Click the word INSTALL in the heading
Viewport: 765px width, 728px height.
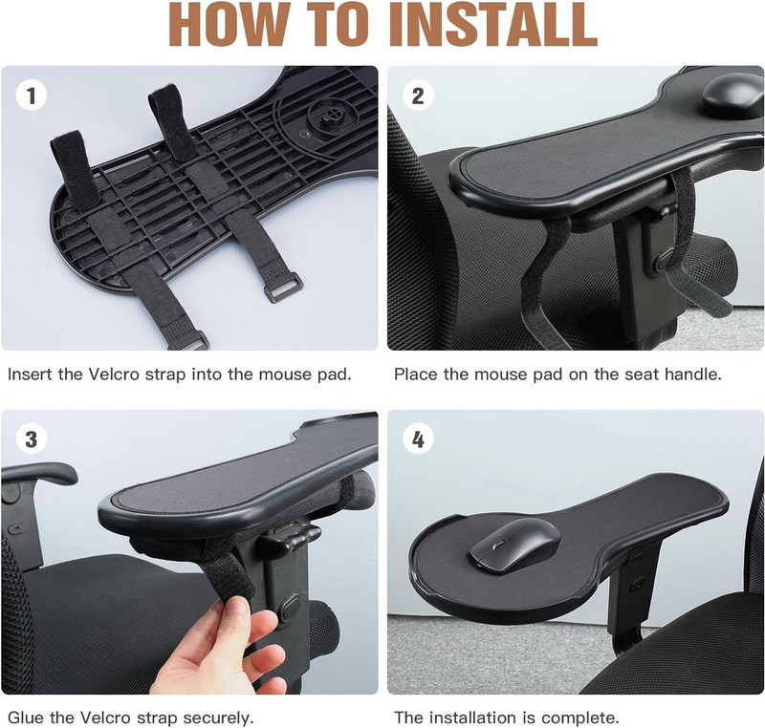pos(493,25)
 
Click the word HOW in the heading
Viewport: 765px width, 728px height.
pos(229,25)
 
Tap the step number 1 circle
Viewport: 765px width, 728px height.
pos(32,95)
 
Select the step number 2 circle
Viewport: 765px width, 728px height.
pos(418,96)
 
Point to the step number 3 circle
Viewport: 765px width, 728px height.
pos(32,439)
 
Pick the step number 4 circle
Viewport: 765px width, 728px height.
pos(418,439)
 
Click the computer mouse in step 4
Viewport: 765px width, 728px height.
pos(514,544)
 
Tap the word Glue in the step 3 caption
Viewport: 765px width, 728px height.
pos(26,717)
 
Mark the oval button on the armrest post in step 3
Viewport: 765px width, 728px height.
pos(291,607)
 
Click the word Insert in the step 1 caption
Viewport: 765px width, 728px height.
pos(30,375)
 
